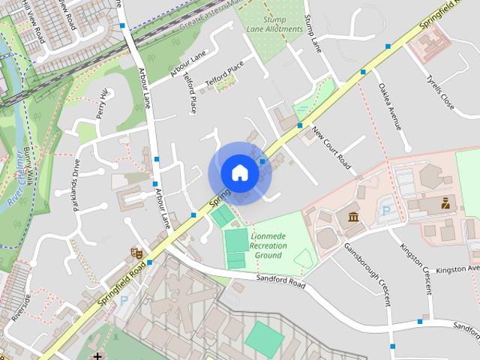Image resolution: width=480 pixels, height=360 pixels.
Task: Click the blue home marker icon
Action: (x=239, y=173)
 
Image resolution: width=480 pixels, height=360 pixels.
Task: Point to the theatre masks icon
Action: (x=136, y=254)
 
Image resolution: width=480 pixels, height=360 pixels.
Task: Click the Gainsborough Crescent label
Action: (x=367, y=274)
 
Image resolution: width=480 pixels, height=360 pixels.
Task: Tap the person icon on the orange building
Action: (x=445, y=202)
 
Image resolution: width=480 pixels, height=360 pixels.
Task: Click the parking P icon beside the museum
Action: (x=387, y=211)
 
